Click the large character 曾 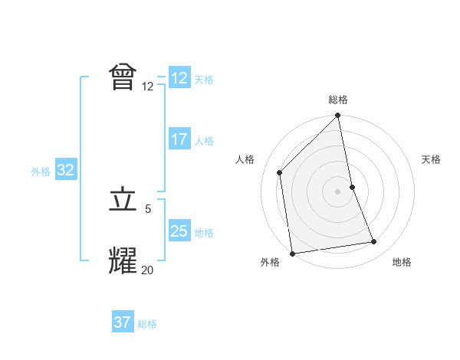click(x=123, y=77)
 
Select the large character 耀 click(x=123, y=260)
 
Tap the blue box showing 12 click(x=179, y=78)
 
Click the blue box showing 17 click(x=179, y=139)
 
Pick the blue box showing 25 click(x=179, y=231)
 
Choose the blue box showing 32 click(x=65, y=170)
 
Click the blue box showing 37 click(x=123, y=322)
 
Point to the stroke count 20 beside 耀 click(x=147, y=270)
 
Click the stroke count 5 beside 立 click(x=148, y=208)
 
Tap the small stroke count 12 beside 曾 click(x=148, y=87)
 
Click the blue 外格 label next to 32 click(x=41, y=172)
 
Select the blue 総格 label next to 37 click(x=147, y=324)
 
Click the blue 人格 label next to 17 click(x=204, y=141)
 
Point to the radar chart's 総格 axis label click(x=338, y=100)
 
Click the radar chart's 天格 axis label click(x=431, y=159)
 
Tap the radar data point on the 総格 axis click(x=338, y=116)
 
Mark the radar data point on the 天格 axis click(x=352, y=187)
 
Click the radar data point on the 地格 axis click(x=374, y=242)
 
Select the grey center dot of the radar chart click(x=338, y=191)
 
